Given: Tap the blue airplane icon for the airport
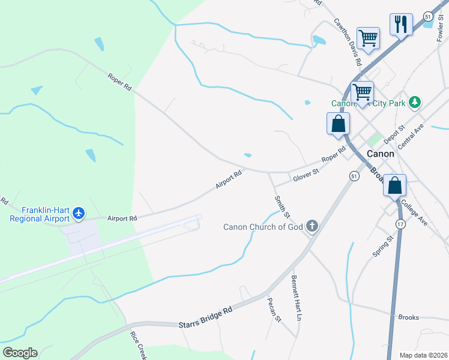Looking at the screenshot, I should (x=79, y=213).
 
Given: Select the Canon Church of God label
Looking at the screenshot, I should (x=264, y=227).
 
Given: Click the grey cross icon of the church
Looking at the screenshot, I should (x=312, y=226).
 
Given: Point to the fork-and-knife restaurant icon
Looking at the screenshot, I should (x=401, y=25).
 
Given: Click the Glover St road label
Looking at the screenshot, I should (x=306, y=176).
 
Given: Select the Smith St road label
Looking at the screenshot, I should (x=282, y=206).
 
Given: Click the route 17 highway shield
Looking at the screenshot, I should (x=400, y=223).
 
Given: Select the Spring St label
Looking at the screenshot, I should (x=382, y=246).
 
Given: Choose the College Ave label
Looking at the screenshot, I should (x=415, y=212).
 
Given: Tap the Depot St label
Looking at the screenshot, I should (x=394, y=134).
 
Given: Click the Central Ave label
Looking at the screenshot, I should (x=411, y=136).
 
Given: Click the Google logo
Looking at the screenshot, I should (x=20, y=353).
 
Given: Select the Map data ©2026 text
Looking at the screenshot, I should (x=423, y=355).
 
